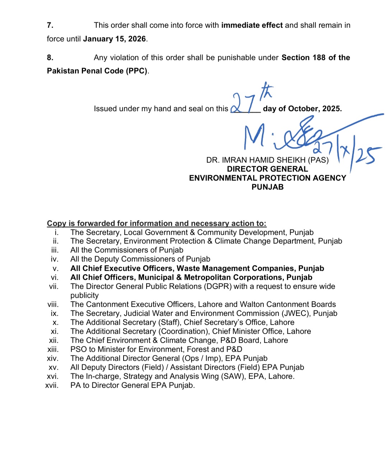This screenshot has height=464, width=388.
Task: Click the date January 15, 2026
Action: click(114, 39)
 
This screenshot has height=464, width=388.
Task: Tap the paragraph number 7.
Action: click(50, 25)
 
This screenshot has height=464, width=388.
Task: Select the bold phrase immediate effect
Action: click(252, 25)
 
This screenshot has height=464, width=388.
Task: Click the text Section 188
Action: click(303, 58)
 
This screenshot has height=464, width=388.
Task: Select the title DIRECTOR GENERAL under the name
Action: click(267, 169)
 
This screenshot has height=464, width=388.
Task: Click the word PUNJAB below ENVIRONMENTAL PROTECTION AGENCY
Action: click(267, 187)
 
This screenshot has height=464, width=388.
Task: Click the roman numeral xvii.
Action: click(52, 385)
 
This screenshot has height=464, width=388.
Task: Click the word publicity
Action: click(84, 295)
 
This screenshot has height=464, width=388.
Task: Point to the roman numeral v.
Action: click(55, 268)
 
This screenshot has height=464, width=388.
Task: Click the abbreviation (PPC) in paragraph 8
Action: click(136, 71)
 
